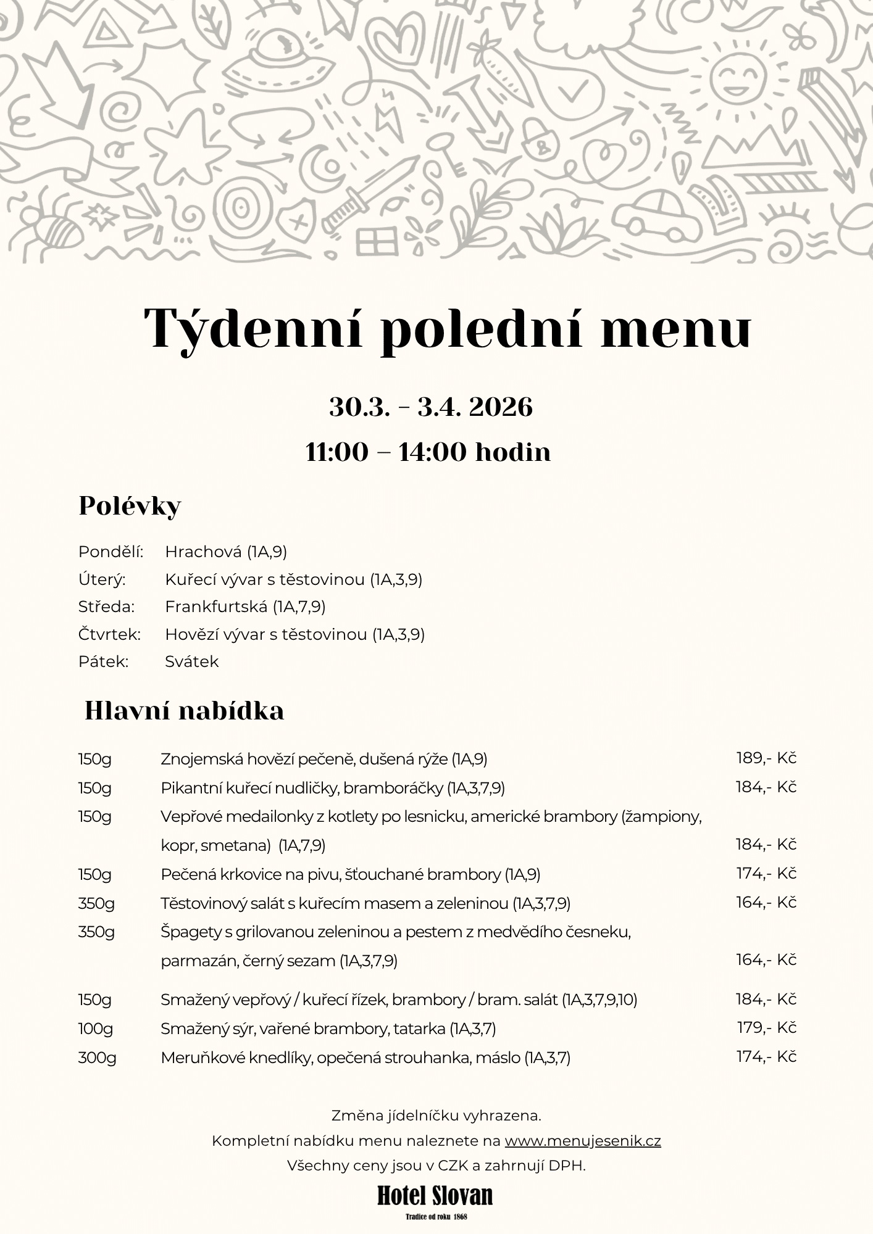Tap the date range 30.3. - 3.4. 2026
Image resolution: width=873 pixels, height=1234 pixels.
(x=430, y=408)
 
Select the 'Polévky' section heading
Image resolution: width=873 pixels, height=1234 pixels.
(x=130, y=507)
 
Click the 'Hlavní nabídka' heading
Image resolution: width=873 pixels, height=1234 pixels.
(x=184, y=711)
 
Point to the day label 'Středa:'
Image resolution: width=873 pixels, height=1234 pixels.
(x=106, y=607)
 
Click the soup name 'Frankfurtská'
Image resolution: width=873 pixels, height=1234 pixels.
(x=216, y=607)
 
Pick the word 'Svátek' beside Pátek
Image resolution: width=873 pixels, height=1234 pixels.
(x=191, y=662)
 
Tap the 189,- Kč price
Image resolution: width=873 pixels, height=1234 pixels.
(x=766, y=758)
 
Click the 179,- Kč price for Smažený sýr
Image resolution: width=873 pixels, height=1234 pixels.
(x=766, y=1027)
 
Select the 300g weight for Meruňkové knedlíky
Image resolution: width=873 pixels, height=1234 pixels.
(x=97, y=1058)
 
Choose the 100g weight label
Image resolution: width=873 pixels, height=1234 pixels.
(x=96, y=1029)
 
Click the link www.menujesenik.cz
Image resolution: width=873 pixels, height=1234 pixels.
(x=582, y=1141)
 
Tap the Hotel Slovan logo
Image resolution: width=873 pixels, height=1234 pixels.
(x=435, y=1196)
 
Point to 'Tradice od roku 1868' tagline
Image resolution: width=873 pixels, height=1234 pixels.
(x=436, y=1217)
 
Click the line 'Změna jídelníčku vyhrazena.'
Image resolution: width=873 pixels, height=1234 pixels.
(x=436, y=1116)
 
